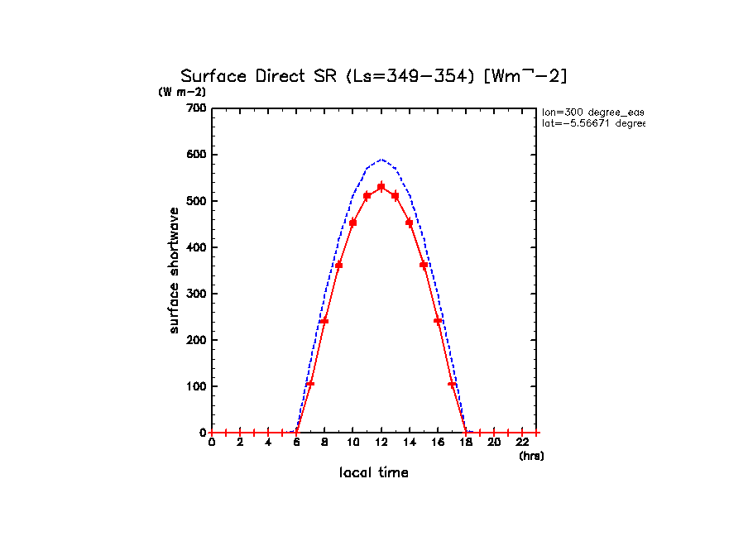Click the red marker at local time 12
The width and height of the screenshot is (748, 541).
pyautogui.click(x=381, y=187)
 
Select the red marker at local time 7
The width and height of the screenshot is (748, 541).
pyautogui.click(x=310, y=383)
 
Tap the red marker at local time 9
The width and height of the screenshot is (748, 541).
pyautogui.click(x=338, y=265)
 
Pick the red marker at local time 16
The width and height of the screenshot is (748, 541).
pyautogui.click(x=438, y=320)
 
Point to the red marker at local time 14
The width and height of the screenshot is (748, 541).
pyautogui.click(x=410, y=222)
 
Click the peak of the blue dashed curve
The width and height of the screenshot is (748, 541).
pyautogui.click(x=381, y=159)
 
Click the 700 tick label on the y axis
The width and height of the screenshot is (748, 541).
pyautogui.click(x=197, y=108)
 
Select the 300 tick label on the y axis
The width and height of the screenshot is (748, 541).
pyautogui.click(x=197, y=294)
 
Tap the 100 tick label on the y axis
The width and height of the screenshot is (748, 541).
pyautogui.click(x=197, y=386)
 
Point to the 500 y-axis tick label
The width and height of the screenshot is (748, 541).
pyautogui.click(x=197, y=201)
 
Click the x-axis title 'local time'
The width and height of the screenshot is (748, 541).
pyautogui.click(x=374, y=473)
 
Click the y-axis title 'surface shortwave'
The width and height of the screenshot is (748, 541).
pyautogui.click(x=175, y=270)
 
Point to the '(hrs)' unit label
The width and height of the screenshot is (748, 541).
pyautogui.click(x=531, y=456)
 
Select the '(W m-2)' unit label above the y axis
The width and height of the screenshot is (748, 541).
pyautogui.click(x=182, y=92)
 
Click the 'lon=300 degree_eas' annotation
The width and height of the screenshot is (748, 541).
pyautogui.click(x=592, y=111)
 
